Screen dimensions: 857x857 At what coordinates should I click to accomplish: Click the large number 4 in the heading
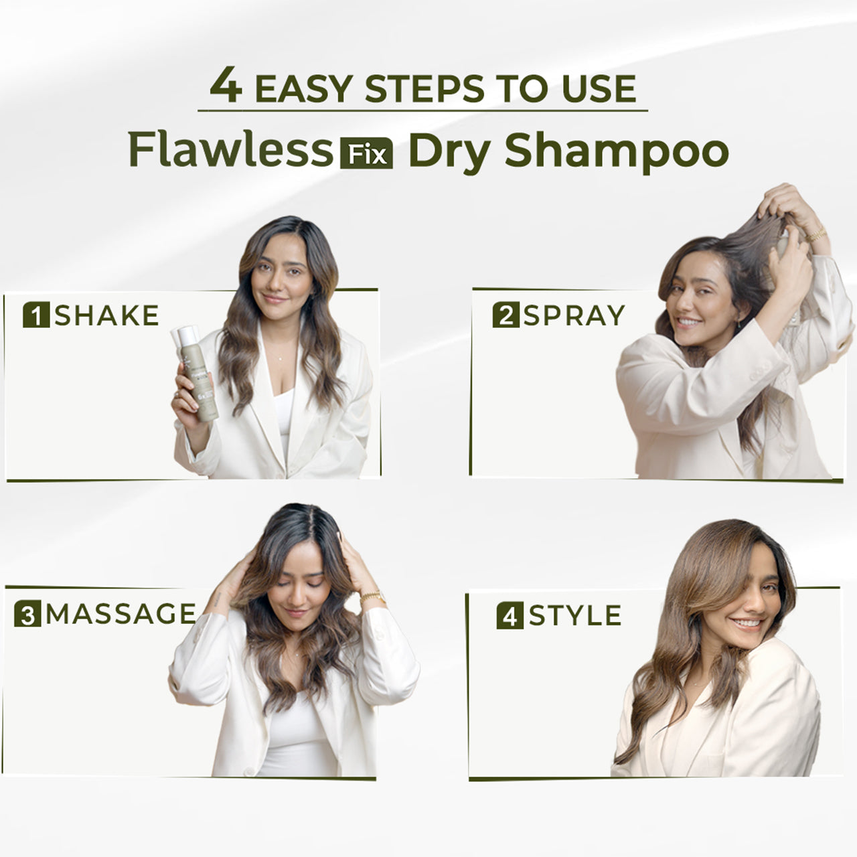click(x=226, y=86)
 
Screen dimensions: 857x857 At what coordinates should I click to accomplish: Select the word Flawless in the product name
click(x=230, y=150)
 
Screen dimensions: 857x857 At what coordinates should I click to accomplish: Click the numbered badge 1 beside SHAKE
click(x=36, y=315)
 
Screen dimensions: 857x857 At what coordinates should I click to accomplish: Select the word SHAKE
click(x=106, y=315)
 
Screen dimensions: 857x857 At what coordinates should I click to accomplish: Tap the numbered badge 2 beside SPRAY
click(x=505, y=315)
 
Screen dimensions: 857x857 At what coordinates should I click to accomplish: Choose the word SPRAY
click(x=574, y=315)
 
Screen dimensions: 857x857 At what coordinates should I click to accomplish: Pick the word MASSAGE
click(x=121, y=614)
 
